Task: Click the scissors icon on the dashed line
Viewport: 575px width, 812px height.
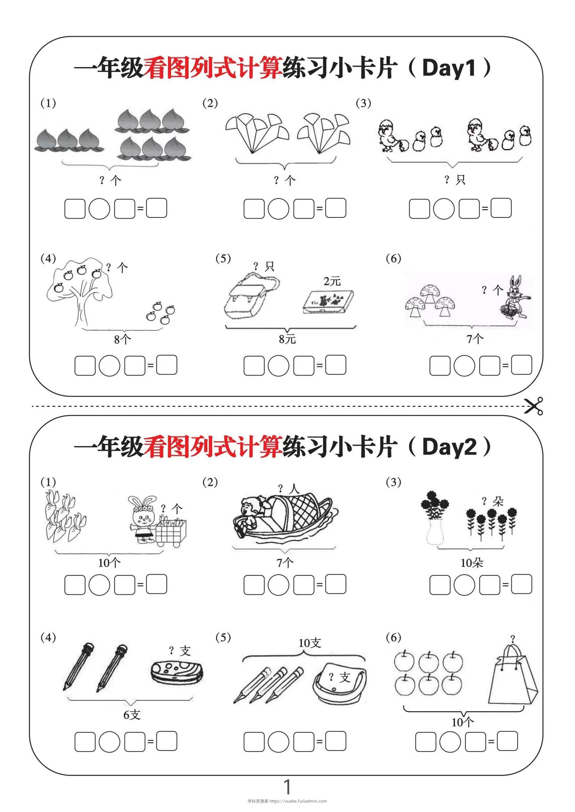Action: pyautogui.click(x=534, y=406)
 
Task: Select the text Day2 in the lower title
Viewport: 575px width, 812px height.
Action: pyautogui.click(x=449, y=447)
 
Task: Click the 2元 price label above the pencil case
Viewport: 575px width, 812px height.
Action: pyautogui.click(x=332, y=281)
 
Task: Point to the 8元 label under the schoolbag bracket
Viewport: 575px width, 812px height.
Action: pyautogui.click(x=287, y=339)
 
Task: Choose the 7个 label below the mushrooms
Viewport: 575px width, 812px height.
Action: pyautogui.click(x=475, y=339)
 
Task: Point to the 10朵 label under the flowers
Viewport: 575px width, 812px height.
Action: pyautogui.click(x=472, y=563)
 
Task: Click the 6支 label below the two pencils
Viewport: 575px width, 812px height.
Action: pyautogui.click(x=132, y=715)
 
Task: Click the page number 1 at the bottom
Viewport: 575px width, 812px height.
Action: pyautogui.click(x=287, y=786)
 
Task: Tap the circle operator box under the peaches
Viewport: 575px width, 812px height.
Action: pyautogui.click(x=99, y=209)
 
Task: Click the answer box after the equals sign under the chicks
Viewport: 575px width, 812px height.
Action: pyautogui.click(x=501, y=208)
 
